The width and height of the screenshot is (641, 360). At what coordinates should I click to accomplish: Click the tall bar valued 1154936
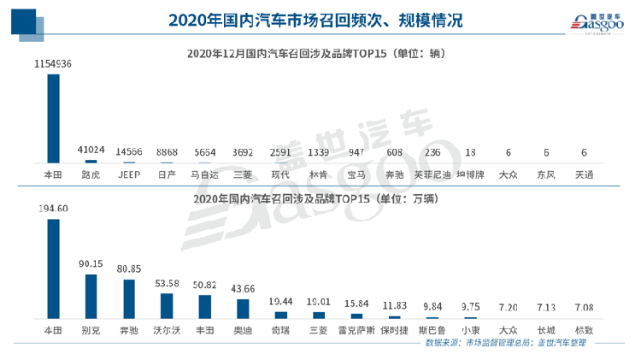click(x=53, y=118)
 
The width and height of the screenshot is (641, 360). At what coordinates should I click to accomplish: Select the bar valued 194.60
click(x=53, y=269)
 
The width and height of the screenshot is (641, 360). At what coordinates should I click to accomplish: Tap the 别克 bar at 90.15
click(x=91, y=296)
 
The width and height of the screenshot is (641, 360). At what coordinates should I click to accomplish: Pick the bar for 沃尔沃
click(x=166, y=305)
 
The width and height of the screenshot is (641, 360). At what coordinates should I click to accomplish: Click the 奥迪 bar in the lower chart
click(x=242, y=308)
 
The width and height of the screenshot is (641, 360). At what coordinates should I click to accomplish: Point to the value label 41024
click(x=91, y=149)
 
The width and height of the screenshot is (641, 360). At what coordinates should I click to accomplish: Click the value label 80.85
click(x=128, y=268)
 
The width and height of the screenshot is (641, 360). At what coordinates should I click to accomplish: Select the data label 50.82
click(x=204, y=285)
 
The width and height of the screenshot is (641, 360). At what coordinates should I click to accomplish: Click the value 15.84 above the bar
click(x=356, y=303)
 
